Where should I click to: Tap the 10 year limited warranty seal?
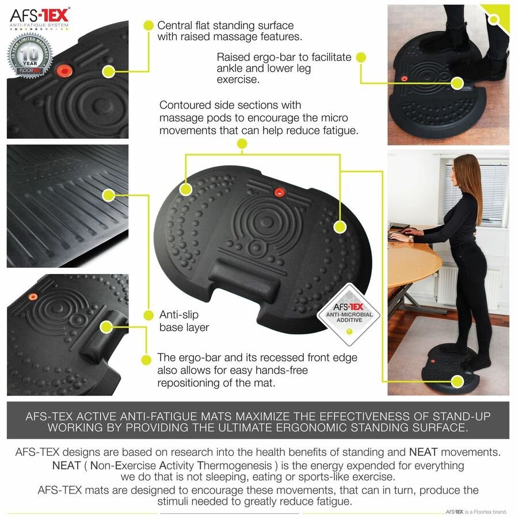tap(30, 56)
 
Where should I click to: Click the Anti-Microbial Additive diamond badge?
tap(349, 314)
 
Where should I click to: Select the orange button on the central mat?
tap(280, 192)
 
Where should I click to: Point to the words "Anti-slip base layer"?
tap(184, 321)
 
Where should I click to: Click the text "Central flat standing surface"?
tap(225, 25)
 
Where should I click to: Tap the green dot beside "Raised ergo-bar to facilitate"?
tap(361, 58)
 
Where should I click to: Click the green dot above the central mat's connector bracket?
tap(242, 144)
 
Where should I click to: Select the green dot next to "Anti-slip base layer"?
tap(148, 315)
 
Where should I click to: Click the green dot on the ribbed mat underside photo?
tap(108, 195)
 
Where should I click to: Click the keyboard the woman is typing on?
tap(400, 235)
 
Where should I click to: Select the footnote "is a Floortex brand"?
tap(485, 512)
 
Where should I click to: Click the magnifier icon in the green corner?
tap(494, 19)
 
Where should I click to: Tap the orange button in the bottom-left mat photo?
tap(32, 296)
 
